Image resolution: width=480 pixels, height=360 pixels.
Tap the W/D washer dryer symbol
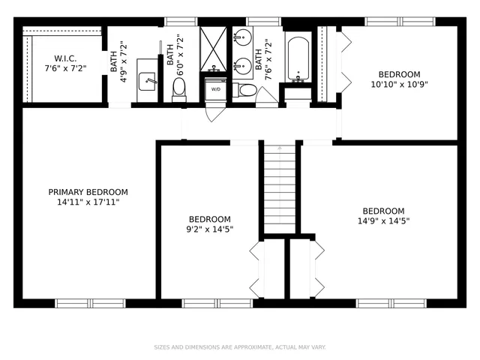point(216,89)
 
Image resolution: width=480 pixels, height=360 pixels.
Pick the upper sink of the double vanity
point(241,40)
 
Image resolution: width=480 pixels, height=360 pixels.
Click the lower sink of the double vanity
point(241,65)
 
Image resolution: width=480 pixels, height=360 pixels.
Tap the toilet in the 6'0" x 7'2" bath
point(179,88)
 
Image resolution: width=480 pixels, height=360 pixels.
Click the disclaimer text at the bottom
point(239,347)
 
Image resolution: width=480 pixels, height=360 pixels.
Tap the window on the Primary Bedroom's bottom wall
point(91,303)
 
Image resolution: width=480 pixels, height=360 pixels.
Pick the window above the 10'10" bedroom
point(399,22)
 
